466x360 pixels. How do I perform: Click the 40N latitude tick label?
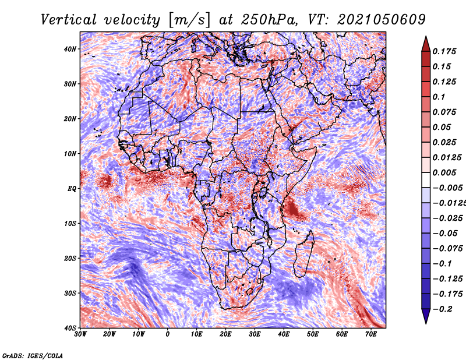click(70, 49)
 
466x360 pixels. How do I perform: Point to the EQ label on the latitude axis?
click(72, 189)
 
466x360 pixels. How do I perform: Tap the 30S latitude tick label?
click(70, 293)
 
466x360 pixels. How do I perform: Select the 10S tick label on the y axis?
click(70, 224)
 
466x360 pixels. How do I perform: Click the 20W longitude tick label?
click(109, 334)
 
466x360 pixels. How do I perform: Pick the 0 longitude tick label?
click(168, 334)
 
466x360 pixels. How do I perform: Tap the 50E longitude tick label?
click(313, 334)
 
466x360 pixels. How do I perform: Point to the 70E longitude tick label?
click(371, 334)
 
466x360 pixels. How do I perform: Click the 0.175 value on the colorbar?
click(444, 52)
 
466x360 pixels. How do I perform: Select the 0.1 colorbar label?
click(439, 97)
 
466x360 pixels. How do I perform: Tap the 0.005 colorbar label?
click(444, 172)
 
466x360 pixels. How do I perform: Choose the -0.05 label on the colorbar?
click(446, 233)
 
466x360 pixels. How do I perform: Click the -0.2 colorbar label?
click(443, 309)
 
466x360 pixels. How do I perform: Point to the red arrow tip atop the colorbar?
click(426, 37)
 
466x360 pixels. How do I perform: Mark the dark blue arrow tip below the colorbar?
click(426, 323)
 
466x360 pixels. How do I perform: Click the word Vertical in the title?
click(69, 20)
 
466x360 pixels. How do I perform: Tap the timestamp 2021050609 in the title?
click(382, 20)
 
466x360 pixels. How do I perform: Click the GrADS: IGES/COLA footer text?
click(33, 355)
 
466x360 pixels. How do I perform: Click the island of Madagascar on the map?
click(305, 254)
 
